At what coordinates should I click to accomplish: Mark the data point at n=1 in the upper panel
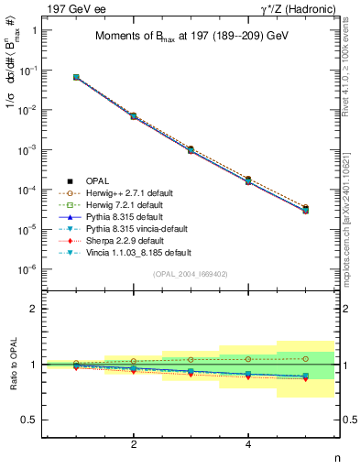pos(76,77)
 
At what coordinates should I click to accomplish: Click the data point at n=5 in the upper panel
pos(305,209)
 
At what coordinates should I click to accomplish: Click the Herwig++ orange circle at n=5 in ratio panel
pos(305,358)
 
